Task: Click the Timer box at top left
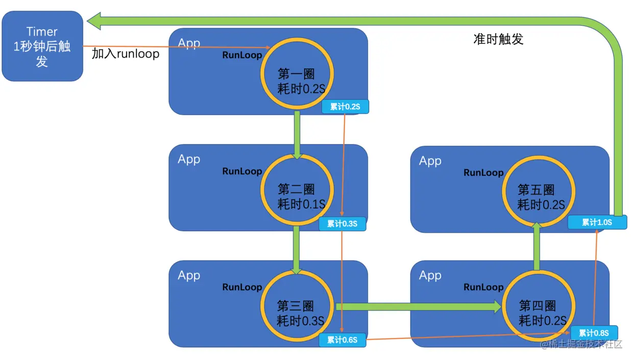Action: point(42,46)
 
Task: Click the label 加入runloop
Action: point(126,54)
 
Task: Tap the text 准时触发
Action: point(498,39)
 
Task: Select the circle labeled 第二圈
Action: point(297,189)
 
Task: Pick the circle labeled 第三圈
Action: point(297,306)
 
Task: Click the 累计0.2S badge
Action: point(345,107)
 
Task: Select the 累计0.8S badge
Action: point(594,332)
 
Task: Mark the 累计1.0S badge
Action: point(597,222)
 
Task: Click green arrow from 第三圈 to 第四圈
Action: point(419,306)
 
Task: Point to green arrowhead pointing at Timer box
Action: point(94,21)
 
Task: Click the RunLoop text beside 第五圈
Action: point(483,173)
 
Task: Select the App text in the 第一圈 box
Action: point(189,43)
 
